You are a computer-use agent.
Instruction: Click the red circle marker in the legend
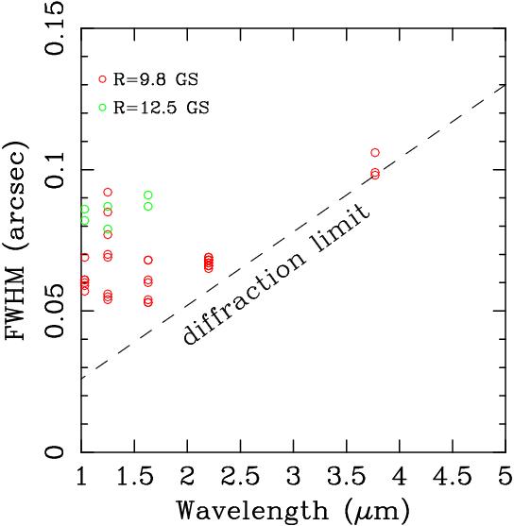tap(102, 79)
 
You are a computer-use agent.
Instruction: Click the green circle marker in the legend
tap(102, 108)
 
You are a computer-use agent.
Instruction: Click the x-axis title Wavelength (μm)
tap(293, 510)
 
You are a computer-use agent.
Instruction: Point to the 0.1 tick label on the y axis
tap(56, 170)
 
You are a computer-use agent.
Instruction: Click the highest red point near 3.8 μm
tap(375, 152)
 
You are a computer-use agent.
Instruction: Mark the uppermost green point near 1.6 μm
tap(148, 195)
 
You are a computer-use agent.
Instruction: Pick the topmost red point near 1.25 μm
tap(108, 192)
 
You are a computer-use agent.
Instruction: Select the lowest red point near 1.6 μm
tap(148, 302)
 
